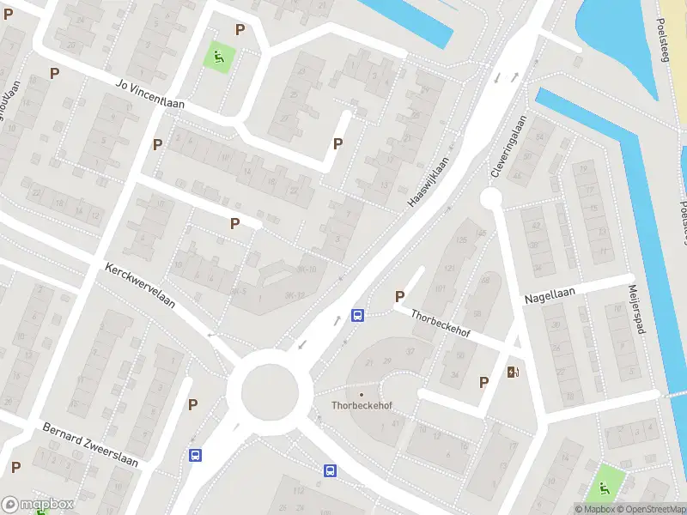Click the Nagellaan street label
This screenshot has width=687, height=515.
pyautogui.click(x=550, y=296)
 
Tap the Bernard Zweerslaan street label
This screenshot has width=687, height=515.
pyautogui.click(x=90, y=444)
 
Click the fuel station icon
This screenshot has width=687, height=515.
pyautogui.click(x=514, y=372)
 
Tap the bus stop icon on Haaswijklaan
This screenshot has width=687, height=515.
pyautogui.click(x=357, y=315)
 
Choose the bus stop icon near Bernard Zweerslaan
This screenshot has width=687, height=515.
pyautogui.click(x=196, y=456)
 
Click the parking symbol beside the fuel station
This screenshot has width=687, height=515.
pyautogui.click(x=483, y=382)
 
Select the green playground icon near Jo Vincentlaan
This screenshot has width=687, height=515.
pyautogui.click(x=218, y=58)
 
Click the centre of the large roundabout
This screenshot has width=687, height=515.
pyautogui.click(x=270, y=392)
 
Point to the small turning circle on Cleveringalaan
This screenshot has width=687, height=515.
pyautogui.click(x=490, y=199)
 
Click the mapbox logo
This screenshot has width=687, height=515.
pyautogui.click(x=38, y=504)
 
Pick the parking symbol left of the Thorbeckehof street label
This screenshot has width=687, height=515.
pyautogui.click(x=399, y=296)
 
